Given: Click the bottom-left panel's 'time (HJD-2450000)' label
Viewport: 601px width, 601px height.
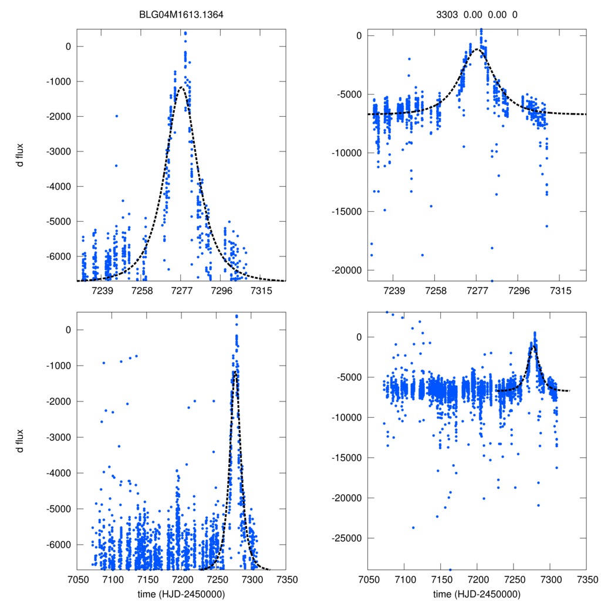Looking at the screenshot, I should coord(181,594).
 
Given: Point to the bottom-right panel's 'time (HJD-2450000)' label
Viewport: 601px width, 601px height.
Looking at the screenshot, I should coord(477,594).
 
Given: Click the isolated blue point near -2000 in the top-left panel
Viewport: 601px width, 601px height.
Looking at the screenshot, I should coord(116,116).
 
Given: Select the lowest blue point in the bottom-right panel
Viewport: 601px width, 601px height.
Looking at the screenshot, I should coord(450,569).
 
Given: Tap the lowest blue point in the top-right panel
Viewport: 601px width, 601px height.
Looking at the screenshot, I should coord(492,281).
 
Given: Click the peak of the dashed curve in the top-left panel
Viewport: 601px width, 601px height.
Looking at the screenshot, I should coord(181,88).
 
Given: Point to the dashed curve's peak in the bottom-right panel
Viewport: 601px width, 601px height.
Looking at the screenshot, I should coord(534,346).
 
